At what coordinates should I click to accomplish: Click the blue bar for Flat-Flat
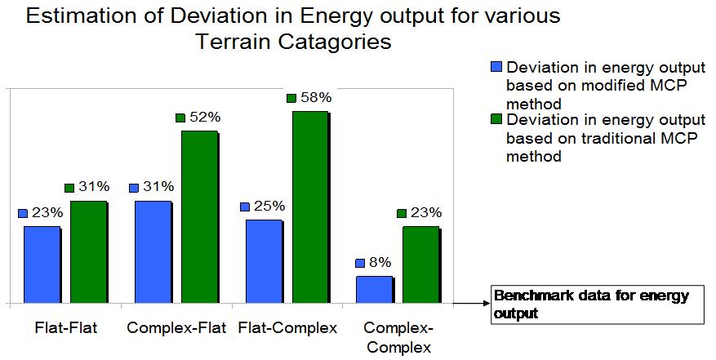pyautogui.click(x=42, y=264)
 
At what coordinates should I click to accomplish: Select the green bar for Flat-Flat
pyautogui.click(x=88, y=252)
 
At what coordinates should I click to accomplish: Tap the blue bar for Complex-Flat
pyautogui.click(x=153, y=252)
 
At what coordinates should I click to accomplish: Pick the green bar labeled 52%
pyautogui.click(x=199, y=217)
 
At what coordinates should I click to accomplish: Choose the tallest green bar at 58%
pyautogui.click(x=310, y=207)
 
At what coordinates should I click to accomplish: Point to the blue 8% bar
pyautogui.click(x=374, y=290)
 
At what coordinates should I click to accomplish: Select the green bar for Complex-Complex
pyautogui.click(x=421, y=264)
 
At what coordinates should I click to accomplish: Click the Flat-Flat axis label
pyautogui.click(x=66, y=329)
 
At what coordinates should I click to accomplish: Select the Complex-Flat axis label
pyautogui.click(x=176, y=329)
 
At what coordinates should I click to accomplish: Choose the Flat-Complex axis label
pyautogui.click(x=287, y=329)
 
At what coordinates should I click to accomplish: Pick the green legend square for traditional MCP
pyautogui.click(x=496, y=119)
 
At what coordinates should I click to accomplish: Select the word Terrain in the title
pyautogui.click(x=236, y=42)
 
